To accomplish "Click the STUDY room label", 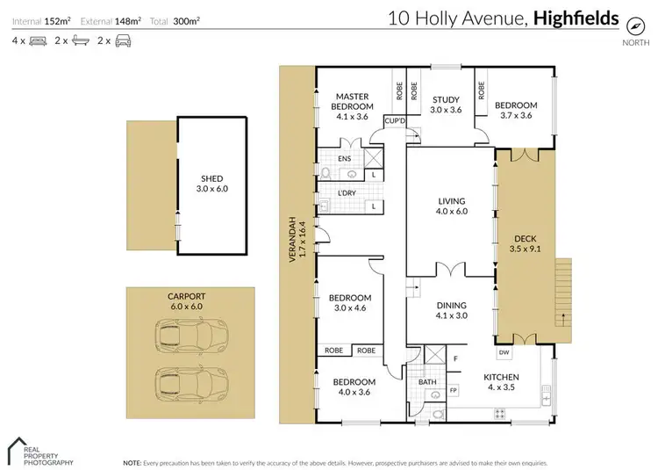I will tap(445, 105).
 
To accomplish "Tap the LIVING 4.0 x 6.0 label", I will tap(451, 206).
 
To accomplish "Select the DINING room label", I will tap(452, 310).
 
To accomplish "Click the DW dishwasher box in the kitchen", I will tap(504, 352).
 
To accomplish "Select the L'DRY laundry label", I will tap(332, 194).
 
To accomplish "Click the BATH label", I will tap(427, 382).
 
